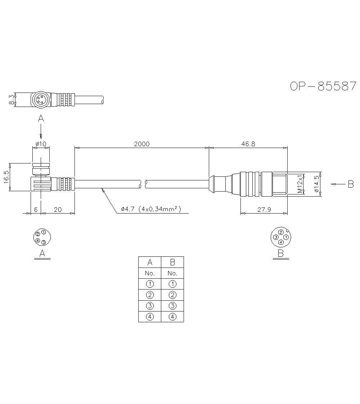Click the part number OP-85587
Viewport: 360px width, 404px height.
(x=323, y=86)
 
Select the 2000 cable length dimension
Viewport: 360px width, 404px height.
(x=141, y=144)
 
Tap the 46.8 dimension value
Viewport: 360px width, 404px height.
(x=248, y=144)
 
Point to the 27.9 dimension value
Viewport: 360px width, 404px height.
(x=264, y=210)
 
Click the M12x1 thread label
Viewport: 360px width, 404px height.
(x=300, y=184)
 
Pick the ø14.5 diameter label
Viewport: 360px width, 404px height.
(x=316, y=184)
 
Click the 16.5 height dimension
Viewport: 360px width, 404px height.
(x=6, y=177)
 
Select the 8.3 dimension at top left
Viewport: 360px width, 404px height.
(x=11, y=99)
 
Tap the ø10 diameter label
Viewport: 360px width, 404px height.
(x=41, y=144)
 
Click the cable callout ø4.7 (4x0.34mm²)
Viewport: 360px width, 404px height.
(x=151, y=209)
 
